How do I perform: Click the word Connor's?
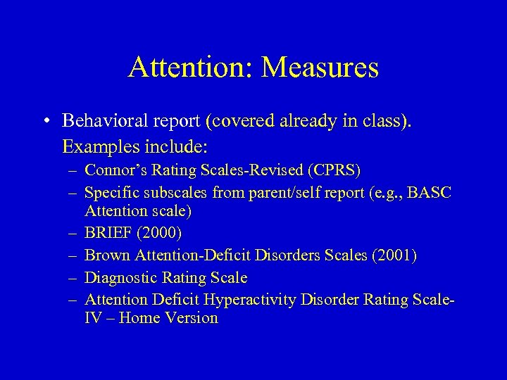tap(111, 170)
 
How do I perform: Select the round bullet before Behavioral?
tap(45, 122)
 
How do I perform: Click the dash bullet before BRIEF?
tap(72, 232)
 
